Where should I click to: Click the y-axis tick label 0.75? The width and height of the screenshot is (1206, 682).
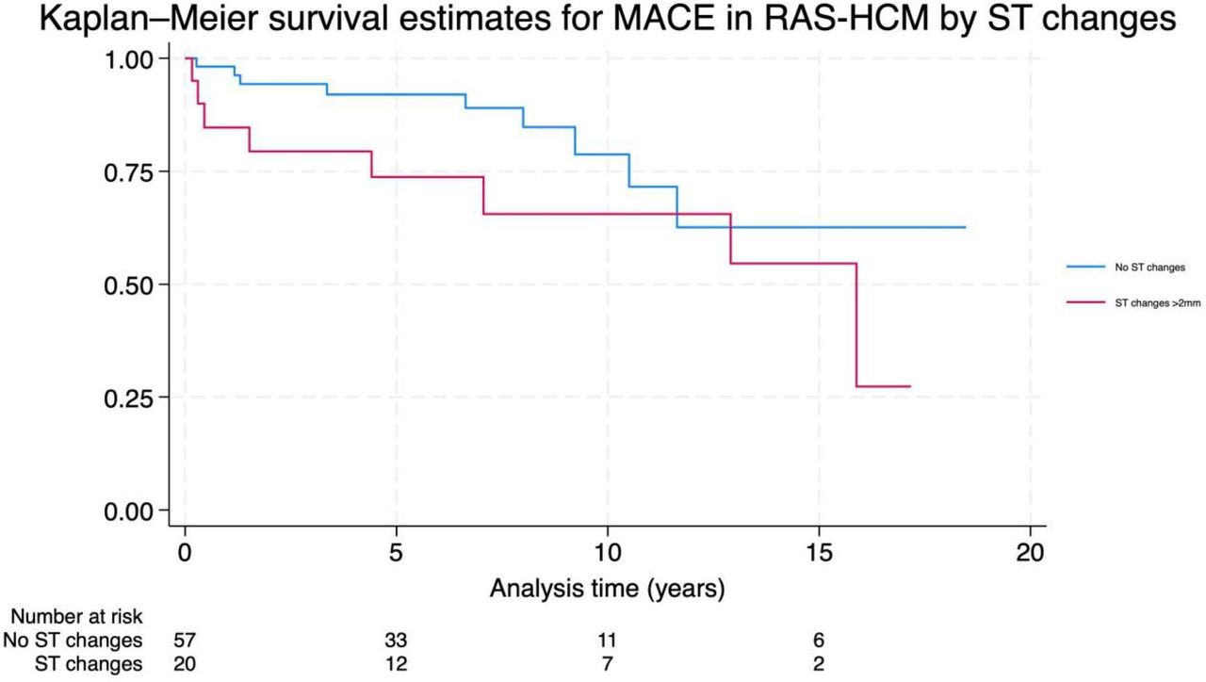click(x=129, y=172)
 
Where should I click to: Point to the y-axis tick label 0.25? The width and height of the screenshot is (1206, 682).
click(x=129, y=398)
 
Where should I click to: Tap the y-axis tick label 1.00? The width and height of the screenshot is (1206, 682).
click(x=129, y=59)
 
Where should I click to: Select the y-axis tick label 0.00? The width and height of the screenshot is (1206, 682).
click(x=129, y=511)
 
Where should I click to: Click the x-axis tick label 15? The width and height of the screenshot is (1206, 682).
click(x=819, y=553)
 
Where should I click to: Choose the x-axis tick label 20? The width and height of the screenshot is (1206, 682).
click(x=1030, y=553)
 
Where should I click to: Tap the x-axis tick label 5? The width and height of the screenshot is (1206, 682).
click(x=396, y=553)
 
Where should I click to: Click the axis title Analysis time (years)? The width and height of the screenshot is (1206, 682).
click(x=608, y=589)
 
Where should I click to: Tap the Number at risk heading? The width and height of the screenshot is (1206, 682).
click(x=76, y=617)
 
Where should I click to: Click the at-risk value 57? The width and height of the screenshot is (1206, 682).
click(x=185, y=641)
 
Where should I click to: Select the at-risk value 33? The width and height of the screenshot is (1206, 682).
click(x=396, y=641)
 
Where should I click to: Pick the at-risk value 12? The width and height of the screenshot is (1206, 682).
click(x=396, y=664)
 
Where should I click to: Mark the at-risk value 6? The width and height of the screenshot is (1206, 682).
click(x=819, y=641)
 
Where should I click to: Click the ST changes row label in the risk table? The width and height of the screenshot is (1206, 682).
click(x=89, y=664)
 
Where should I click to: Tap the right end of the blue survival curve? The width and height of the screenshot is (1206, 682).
click(x=966, y=228)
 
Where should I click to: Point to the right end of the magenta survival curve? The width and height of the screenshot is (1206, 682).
click(x=910, y=386)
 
